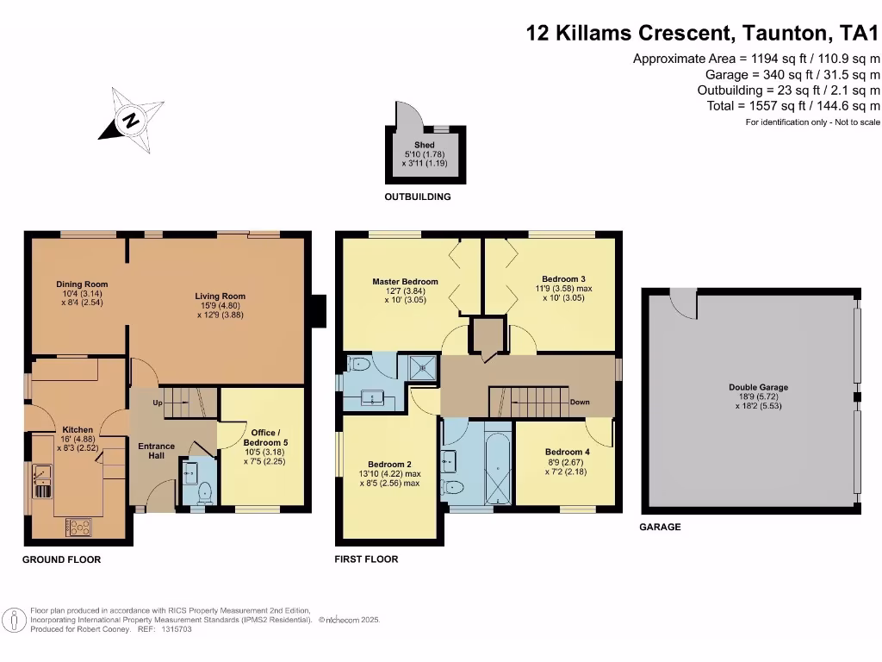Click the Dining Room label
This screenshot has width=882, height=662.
(82, 284)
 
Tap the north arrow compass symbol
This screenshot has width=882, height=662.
(131, 119)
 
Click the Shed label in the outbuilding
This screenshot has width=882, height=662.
(424, 145)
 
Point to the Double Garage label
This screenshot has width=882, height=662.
(758, 388)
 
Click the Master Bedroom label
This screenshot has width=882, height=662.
(405, 282)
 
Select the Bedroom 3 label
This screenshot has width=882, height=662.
(564, 278)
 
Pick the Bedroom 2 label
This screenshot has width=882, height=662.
(389, 464)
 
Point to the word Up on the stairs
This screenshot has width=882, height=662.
(157, 403)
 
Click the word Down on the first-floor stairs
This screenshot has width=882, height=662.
(580, 403)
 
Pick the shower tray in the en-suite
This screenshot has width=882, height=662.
(423, 366)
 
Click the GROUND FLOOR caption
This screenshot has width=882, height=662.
(61, 560)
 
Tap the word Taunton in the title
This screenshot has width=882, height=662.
(784, 34)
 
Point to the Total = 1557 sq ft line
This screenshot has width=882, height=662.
(788, 105)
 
